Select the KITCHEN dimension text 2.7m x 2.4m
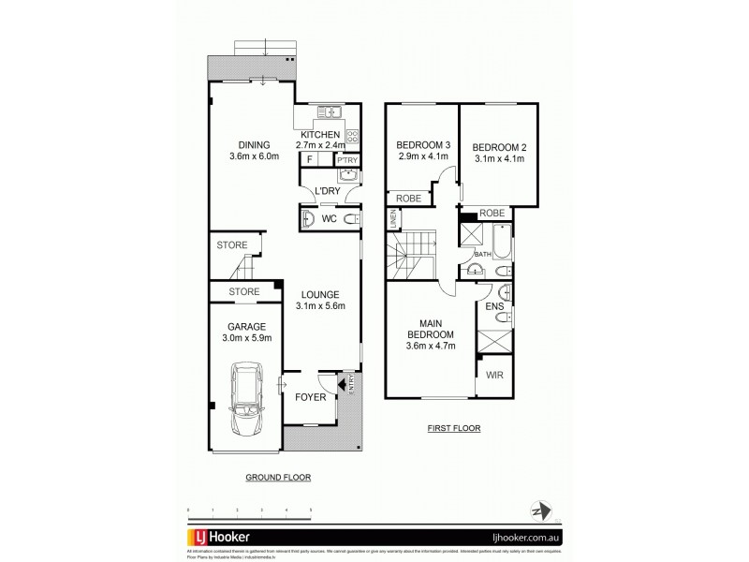[321, 145]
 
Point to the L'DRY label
[327, 192]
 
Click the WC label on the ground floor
[330, 219]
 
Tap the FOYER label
[311, 397]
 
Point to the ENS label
[493, 305]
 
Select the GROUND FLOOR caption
[277, 477]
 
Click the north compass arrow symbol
[537, 511]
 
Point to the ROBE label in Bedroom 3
[407, 198]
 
